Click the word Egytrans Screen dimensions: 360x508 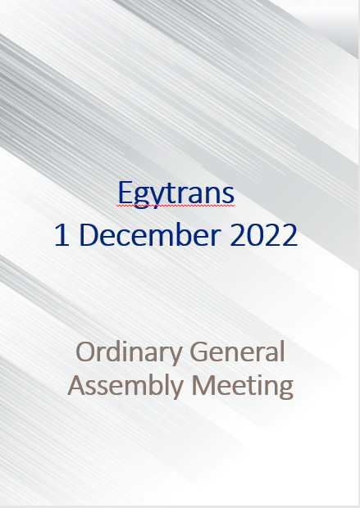(x=175, y=193)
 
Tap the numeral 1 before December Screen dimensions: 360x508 (x=62, y=235)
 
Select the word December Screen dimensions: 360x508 (x=150, y=234)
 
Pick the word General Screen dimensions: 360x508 (x=237, y=352)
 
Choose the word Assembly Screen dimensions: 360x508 (x=125, y=386)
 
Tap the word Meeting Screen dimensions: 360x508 (x=243, y=386)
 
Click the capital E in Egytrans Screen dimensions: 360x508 (x=125, y=192)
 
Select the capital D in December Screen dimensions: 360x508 (x=89, y=235)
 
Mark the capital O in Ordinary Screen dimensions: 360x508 (x=86, y=352)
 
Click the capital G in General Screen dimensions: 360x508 (x=198, y=352)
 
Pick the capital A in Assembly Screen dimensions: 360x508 (x=78, y=385)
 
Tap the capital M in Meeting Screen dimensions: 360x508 (x=204, y=385)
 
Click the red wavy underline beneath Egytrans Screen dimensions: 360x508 (x=175, y=206)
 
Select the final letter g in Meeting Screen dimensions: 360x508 (x=285, y=389)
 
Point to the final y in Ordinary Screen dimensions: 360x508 (x=175, y=356)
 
